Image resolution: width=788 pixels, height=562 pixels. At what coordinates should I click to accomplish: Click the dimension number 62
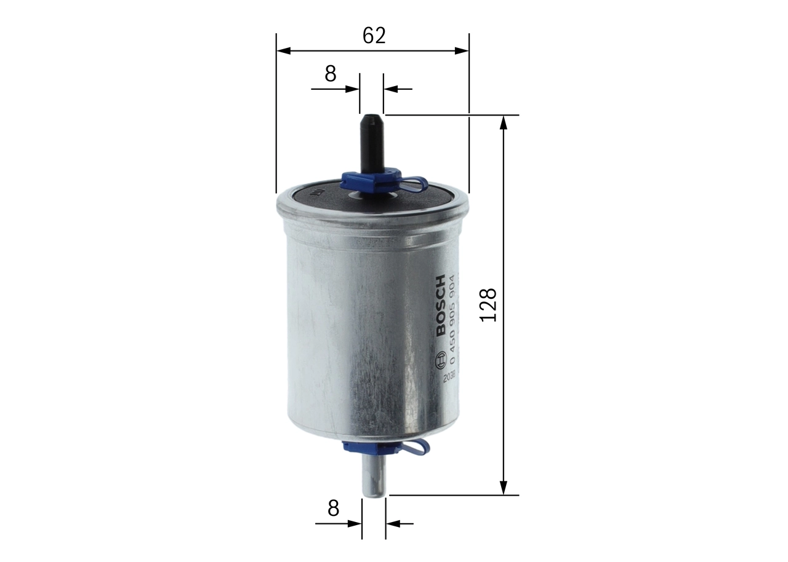(x=374, y=36)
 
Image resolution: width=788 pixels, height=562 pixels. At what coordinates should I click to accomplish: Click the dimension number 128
(x=488, y=304)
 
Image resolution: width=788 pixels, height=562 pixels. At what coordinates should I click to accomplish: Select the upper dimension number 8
(x=331, y=74)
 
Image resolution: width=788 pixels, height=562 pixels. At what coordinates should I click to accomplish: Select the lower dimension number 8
(x=333, y=508)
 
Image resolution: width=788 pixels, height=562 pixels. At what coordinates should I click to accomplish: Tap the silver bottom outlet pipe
(x=373, y=477)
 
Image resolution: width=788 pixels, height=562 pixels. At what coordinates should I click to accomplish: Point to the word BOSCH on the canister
(x=441, y=306)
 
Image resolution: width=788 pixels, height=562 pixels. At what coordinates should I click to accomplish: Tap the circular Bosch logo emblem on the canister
(x=440, y=360)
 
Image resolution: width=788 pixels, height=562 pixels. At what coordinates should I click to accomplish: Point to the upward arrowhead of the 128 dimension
(x=504, y=121)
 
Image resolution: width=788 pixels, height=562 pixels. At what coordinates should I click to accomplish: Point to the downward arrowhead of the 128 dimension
(x=504, y=488)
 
